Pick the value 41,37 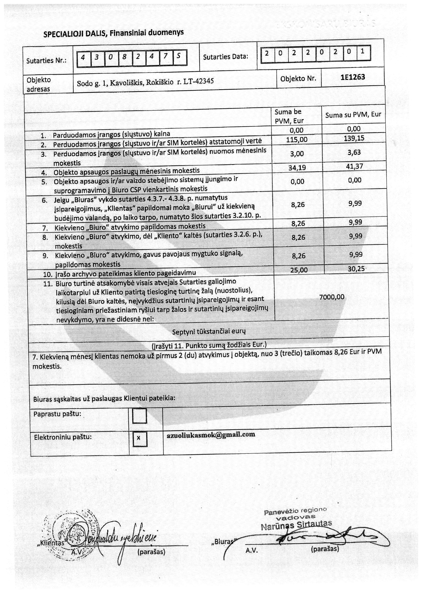pos(354,166)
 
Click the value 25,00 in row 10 pos(299,270)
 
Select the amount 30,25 pos(356,269)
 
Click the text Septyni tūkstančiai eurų pos(209,332)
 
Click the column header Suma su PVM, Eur pos(353,115)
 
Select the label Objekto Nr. pos(298,78)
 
